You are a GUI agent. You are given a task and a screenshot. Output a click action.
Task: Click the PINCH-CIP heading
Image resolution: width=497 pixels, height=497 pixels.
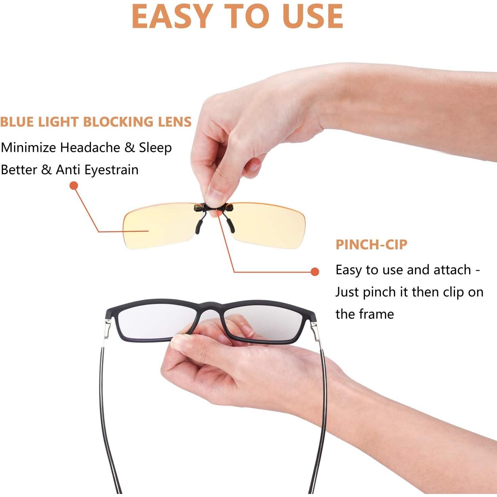pyautogui.click(x=371, y=244)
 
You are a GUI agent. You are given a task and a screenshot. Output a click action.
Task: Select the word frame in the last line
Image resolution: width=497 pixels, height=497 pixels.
pyautogui.click(x=376, y=314)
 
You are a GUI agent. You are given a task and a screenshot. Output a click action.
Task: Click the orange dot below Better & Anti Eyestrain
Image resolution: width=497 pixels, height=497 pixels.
pyautogui.click(x=74, y=186)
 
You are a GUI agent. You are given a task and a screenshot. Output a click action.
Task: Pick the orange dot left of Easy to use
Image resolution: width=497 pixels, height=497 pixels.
pyautogui.click(x=315, y=272)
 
